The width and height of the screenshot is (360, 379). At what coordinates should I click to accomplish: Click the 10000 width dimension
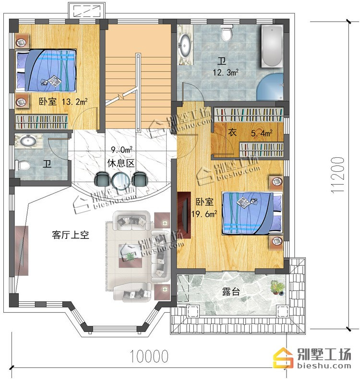click(x=149, y=356)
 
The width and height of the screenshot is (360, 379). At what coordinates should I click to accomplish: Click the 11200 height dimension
click(x=337, y=175)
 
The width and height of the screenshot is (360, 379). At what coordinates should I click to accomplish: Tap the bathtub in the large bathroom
click(x=272, y=46)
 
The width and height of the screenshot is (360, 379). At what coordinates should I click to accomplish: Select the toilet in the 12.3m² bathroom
click(x=227, y=34)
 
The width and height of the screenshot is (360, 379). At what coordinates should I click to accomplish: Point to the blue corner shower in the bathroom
click(x=270, y=87)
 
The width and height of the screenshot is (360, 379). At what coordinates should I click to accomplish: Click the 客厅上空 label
click(x=71, y=235)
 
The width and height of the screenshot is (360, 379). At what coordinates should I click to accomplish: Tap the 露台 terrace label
click(x=231, y=292)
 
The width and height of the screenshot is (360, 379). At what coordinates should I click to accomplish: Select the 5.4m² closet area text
click(x=262, y=133)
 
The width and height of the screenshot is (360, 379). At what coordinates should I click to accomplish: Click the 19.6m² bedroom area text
click(x=204, y=214)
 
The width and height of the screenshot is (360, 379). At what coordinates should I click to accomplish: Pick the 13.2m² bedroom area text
click(x=74, y=102)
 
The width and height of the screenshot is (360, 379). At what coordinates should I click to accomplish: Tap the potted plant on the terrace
click(x=277, y=287)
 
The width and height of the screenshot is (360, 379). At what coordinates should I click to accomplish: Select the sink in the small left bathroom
click(x=28, y=141)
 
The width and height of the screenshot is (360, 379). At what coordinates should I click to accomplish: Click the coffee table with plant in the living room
click(x=130, y=256)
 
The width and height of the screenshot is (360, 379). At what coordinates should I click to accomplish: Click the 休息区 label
click(x=121, y=163)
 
